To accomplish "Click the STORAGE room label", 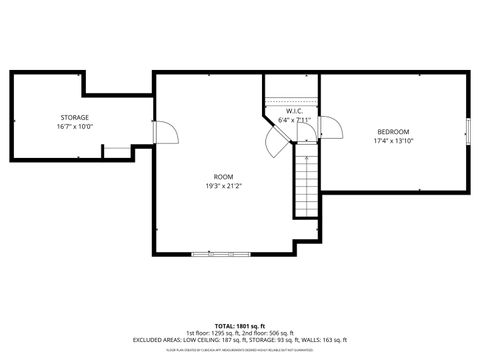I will [73, 118].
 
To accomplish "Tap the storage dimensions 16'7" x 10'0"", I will [73, 127].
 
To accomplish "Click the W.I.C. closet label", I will [294, 111].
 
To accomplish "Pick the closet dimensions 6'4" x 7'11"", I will [294, 120].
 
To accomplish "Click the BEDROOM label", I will [393, 132].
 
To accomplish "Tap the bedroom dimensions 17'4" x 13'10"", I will [393, 141].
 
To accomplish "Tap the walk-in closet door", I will [274, 141].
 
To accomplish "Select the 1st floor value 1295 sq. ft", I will [215, 333].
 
